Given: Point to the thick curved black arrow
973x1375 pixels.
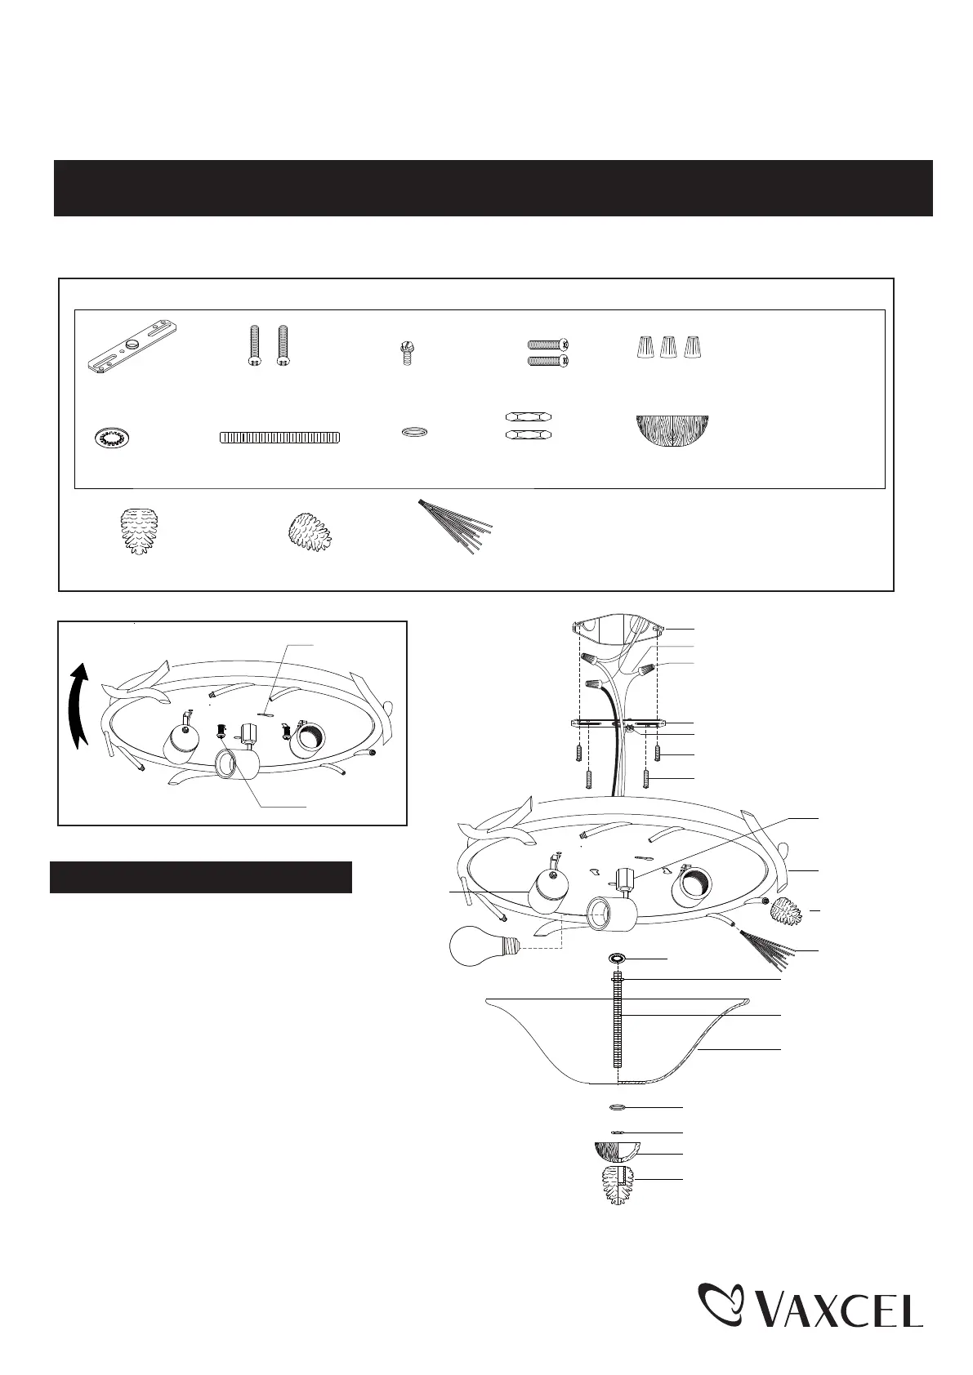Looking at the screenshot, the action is pos(78,706).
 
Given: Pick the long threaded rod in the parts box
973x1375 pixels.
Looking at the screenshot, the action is pos(279,437).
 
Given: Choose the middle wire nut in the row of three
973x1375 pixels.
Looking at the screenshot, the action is pos(668,347).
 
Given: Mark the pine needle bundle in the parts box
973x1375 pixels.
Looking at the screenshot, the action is pos(456,527).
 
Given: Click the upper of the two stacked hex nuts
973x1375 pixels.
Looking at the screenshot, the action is pos(529,416).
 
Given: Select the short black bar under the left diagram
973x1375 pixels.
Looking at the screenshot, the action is pos(201,877).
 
